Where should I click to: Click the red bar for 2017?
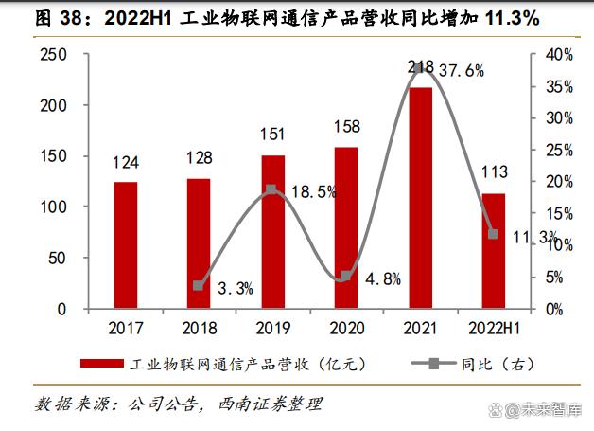click(126, 244)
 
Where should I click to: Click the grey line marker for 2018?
click(199, 285)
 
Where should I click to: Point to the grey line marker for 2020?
click(346, 276)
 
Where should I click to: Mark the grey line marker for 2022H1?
click(493, 234)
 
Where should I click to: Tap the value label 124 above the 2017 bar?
click(126, 164)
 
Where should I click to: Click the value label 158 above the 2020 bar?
click(346, 126)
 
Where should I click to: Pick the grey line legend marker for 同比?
click(429, 364)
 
